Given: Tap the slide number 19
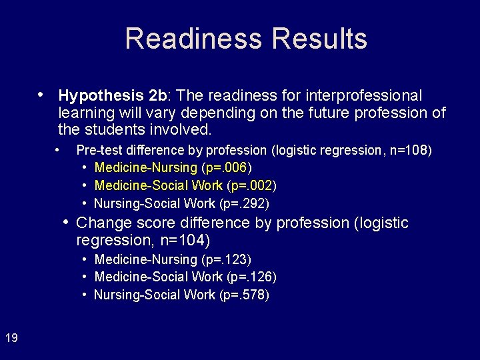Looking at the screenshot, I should [11, 338].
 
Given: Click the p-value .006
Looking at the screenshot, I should [235, 167].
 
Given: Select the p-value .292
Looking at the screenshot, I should [253, 203].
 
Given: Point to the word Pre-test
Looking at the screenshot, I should [98, 150].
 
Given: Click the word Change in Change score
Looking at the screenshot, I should [101, 223].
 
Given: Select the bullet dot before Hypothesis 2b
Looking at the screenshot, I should [41, 94].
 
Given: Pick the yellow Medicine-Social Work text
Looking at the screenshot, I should [159, 185].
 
